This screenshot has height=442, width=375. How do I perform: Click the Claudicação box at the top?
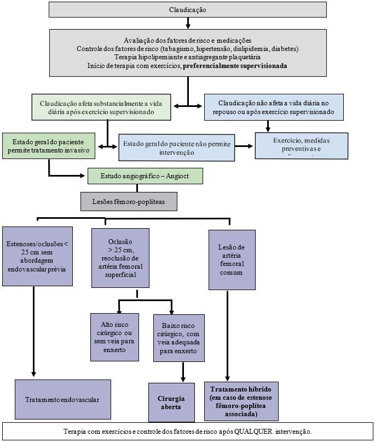pos(188,10)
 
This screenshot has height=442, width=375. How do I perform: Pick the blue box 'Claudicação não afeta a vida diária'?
pos(274,107)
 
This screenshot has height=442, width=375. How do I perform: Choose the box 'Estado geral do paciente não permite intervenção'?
pos(177,148)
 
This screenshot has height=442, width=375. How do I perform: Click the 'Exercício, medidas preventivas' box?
pos(302,145)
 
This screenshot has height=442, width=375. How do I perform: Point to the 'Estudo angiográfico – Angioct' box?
pos(146,176)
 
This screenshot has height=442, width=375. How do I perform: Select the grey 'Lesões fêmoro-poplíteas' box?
pos(129,201)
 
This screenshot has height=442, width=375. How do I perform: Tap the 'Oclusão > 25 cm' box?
pos(121,258)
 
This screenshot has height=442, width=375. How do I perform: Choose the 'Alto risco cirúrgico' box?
pos(115,337)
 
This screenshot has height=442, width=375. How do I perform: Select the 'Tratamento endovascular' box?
pos(63,400)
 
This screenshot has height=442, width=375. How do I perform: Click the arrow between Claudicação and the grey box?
pos(188,23)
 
